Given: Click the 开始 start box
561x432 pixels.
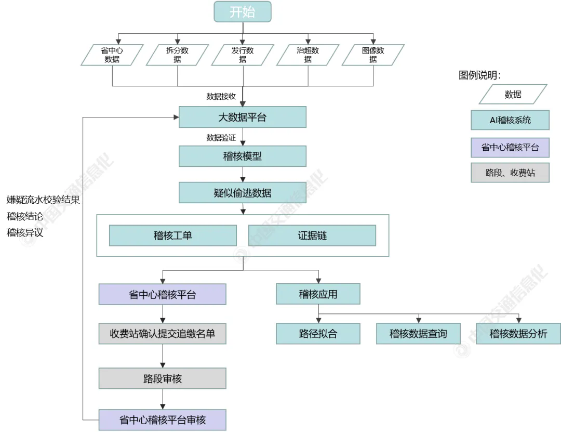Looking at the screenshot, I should pos(243,12).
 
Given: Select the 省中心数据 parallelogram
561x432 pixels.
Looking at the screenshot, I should pos(112,55).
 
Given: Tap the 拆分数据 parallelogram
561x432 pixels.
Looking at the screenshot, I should pos(177,55).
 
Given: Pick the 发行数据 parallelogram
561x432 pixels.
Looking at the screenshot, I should pos(243,55).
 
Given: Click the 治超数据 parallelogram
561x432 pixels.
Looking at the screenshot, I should pos(308,55).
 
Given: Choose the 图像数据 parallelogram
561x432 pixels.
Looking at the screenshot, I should pos(373,55).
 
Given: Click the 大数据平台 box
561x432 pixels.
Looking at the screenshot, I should pos(243,117).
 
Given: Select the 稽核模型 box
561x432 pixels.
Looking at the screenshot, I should pos(243,156).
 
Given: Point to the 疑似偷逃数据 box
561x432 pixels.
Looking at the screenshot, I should pos(243,192).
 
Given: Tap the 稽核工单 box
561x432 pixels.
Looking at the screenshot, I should pos(173,235).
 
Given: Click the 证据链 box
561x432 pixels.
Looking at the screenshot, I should pos(312,235).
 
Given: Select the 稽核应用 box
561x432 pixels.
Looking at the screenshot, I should pos(318,294).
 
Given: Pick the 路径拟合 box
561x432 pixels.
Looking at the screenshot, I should pos(318,333).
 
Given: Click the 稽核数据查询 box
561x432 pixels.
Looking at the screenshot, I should pos(418,333).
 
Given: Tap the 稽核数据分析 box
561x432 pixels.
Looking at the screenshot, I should pos(518,333).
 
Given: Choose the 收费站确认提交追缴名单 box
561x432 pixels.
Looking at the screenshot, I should pos(163,333).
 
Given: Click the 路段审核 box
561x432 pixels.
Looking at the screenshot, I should pos(163,378).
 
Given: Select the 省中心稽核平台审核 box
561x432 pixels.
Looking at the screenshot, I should pos(163,420).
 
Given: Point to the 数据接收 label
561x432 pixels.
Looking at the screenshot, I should pos(221,96).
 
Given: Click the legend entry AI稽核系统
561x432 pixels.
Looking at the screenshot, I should pos(510,120).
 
